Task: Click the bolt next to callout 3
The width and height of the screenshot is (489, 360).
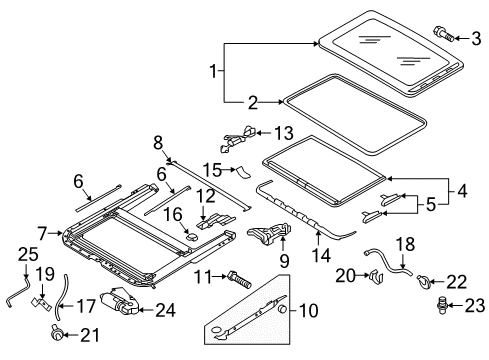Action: tap(443, 34)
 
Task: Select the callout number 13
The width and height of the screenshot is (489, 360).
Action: tap(284, 133)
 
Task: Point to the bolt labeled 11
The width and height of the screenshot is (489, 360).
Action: tap(239, 279)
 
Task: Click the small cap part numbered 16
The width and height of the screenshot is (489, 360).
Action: tap(191, 236)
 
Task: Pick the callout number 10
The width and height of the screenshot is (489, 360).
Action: tap(309, 311)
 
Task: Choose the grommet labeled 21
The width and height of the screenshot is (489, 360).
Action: tap(57, 332)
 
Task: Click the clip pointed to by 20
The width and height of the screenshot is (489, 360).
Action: tap(377, 276)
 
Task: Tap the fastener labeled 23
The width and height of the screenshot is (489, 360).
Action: tap(442, 305)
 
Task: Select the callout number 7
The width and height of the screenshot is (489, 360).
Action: tap(42, 233)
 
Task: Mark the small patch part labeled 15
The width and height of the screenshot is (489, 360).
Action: tap(244, 172)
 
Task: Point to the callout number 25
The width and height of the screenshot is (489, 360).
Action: tap(28, 254)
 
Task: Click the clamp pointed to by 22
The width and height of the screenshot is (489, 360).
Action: tap(424, 281)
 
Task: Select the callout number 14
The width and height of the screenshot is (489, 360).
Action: tap(321, 256)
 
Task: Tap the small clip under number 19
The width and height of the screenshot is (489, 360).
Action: tap(41, 303)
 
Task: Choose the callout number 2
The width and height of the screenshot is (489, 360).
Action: tap(253, 103)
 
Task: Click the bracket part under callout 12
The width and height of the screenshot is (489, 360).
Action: tap(215, 221)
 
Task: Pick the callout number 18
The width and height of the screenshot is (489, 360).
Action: tap(406, 244)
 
